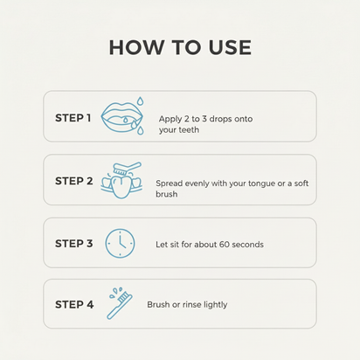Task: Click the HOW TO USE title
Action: point(180,47)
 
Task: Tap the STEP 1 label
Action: point(73,118)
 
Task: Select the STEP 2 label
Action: point(74,181)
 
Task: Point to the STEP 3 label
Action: point(74,244)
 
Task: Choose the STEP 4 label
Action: point(74,305)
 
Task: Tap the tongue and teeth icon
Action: point(121,181)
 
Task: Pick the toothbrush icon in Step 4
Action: point(120,303)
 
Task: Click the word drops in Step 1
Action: point(220,119)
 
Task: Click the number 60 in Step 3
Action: point(225,244)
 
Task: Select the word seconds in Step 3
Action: point(248,245)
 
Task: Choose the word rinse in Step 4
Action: point(192,305)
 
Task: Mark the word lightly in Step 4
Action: point(216,305)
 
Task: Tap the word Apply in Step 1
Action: point(170,119)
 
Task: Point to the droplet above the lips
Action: point(141,100)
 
